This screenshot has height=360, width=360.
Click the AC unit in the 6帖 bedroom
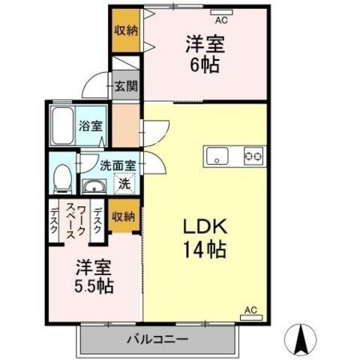click(221, 12)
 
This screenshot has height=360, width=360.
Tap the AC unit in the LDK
click(251, 318)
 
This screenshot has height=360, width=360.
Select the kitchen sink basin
click(217, 156)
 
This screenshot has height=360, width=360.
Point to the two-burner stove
click(253, 156)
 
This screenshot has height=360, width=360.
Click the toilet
click(63, 178)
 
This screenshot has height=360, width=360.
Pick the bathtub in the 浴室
click(63, 126)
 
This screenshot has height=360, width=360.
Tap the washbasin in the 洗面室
click(94, 186)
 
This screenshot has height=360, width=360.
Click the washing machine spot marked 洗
click(124, 184)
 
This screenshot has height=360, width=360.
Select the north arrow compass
click(301, 340)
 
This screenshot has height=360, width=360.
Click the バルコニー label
click(157, 339)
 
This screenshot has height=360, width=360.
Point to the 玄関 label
click(126, 86)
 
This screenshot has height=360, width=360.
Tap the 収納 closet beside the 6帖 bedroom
click(125, 31)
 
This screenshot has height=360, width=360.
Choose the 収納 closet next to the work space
click(124, 216)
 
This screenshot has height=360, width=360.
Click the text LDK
click(205, 226)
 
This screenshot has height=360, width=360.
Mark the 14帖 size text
click(205, 250)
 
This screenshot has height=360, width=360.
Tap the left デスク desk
click(54, 220)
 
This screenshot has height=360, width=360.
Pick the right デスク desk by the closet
click(97, 220)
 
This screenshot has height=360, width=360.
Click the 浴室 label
click(91, 126)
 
